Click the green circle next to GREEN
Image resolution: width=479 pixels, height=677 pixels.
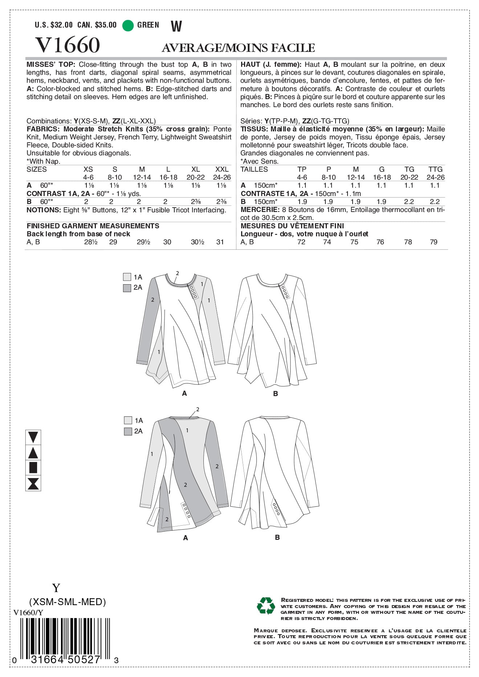(128, 25)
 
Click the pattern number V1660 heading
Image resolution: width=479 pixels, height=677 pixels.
(68, 45)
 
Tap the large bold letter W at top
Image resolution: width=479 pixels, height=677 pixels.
(176, 26)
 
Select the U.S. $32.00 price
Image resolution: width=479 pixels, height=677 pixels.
(54, 25)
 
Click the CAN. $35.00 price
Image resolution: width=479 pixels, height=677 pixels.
(97, 25)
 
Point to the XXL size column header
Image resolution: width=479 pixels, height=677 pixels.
(222, 170)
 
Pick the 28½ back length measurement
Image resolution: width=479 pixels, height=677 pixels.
(91, 242)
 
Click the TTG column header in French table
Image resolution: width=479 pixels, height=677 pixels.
(435, 170)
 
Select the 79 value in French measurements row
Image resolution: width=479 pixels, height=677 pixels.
(434, 242)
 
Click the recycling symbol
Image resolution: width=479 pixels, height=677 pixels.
(266, 606)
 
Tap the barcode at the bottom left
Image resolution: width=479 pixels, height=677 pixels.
(65, 639)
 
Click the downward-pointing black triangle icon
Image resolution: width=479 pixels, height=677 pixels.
(33, 437)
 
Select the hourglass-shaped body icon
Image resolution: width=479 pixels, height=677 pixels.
(33, 484)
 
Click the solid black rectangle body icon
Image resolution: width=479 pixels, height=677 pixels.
(33, 468)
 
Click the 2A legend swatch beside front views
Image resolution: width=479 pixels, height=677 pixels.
(127, 288)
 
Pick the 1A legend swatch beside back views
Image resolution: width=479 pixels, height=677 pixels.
(128, 420)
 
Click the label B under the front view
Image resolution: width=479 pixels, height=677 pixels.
(275, 393)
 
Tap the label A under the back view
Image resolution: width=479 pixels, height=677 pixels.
(186, 538)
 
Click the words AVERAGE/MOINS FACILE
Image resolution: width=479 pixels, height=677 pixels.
(238, 48)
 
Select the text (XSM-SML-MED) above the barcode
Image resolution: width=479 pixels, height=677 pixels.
(68, 602)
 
